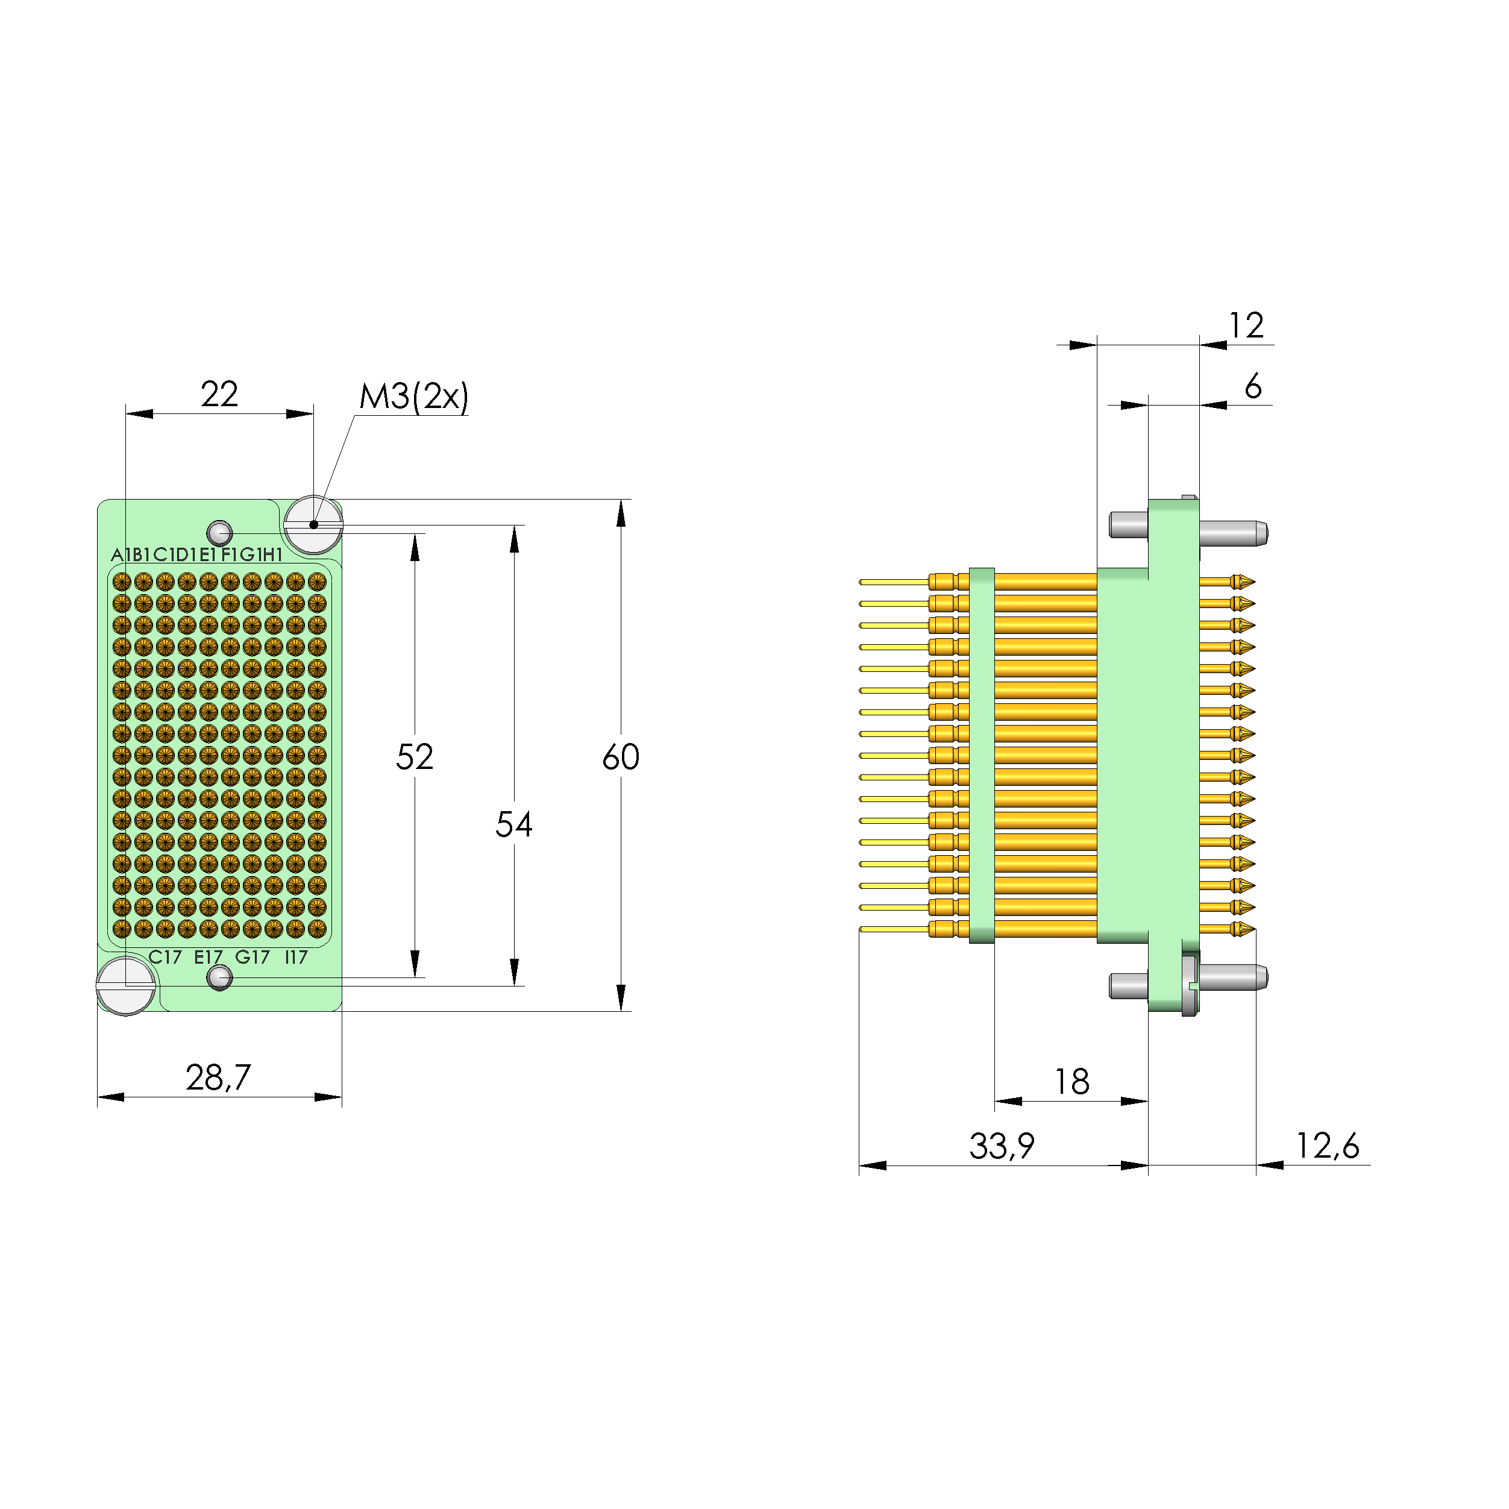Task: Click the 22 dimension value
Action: tap(219, 395)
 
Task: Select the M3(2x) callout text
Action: tap(413, 397)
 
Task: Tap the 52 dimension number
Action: tap(414, 757)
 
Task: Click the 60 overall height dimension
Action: tap(620, 757)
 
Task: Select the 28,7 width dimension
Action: tap(218, 1078)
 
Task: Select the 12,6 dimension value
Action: tap(1327, 1146)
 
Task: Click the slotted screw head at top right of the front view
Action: tap(313, 524)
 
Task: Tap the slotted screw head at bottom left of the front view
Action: tap(125, 986)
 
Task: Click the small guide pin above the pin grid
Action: tap(219, 533)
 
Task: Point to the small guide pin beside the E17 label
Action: tap(219, 977)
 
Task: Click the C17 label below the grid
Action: tap(165, 957)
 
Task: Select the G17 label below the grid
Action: tap(253, 957)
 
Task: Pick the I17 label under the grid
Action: tap(296, 957)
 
